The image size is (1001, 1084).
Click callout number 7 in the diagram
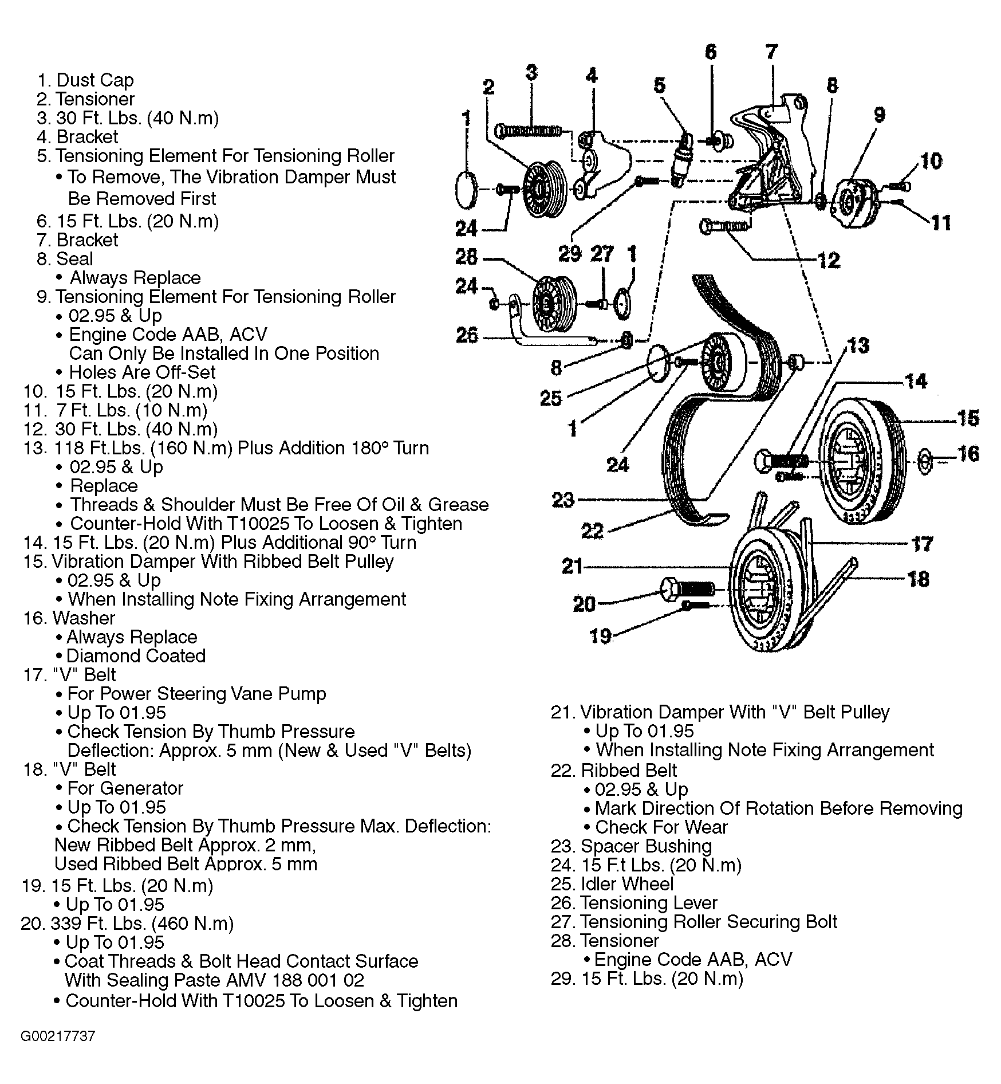(771, 52)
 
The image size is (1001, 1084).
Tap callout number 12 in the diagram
(828, 261)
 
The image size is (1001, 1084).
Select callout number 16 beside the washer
(968, 454)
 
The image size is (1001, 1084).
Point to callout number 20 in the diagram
(584, 604)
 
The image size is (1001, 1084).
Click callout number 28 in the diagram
(466, 257)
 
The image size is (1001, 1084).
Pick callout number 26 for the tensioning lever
(467, 335)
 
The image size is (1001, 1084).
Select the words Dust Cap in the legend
(95, 80)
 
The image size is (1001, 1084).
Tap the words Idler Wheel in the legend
(627, 884)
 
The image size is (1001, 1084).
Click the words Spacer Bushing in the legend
(646, 846)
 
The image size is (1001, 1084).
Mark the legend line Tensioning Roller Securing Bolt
(708, 922)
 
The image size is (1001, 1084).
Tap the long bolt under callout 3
(530, 131)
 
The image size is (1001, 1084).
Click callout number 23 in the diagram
(562, 500)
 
